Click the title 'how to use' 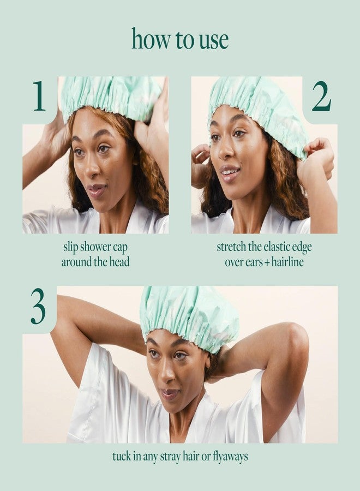coord(180,39)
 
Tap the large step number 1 coord(39,97)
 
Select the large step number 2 coord(321,97)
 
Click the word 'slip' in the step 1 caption coord(71,247)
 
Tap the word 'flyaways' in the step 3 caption coord(229,457)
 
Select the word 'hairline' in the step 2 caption coord(285,262)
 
